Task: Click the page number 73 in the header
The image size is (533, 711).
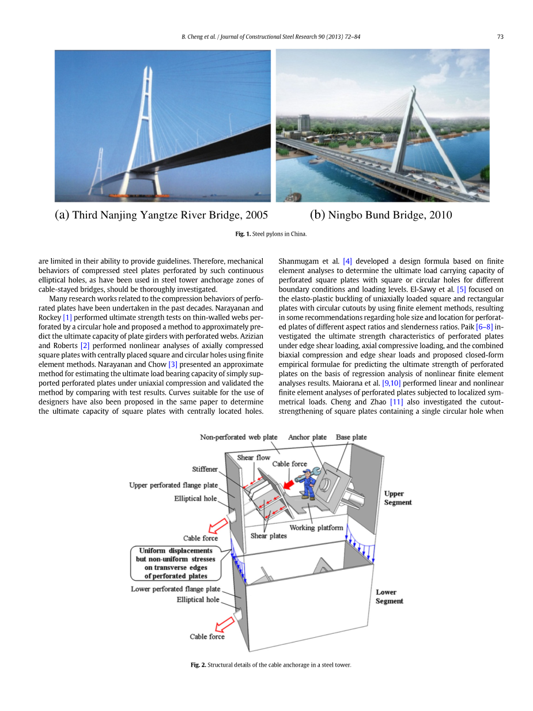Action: coord(500,37)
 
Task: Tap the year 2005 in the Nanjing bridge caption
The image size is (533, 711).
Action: coord(256,215)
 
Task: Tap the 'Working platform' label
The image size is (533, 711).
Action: coord(316,528)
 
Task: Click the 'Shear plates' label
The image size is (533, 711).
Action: coord(269,536)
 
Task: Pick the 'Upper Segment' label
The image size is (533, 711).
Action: coord(398,498)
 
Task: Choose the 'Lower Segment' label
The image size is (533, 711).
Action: coord(390,596)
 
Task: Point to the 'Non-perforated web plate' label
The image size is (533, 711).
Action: coord(239,437)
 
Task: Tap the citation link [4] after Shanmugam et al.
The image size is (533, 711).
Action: coord(347,261)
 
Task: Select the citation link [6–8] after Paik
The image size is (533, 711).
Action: coord(484,327)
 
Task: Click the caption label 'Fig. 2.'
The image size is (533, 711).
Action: coord(198,665)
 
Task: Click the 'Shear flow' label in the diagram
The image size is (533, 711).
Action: coord(254,457)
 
